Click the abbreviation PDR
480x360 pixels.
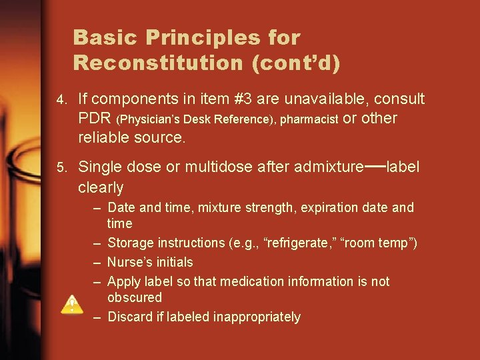(95, 119)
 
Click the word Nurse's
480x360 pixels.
(131, 262)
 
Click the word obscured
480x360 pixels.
(135, 297)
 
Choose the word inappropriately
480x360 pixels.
(257, 317)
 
